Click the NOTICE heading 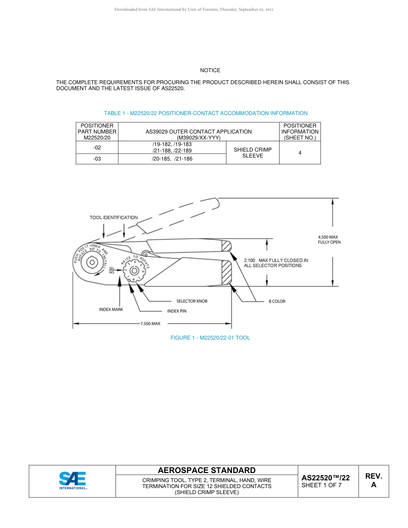[210, 70]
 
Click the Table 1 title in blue [206, 113]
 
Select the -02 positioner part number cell [97, 147]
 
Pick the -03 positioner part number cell [97, 159]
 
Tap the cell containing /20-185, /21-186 [172, 159]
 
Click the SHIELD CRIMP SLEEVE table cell [253, 153]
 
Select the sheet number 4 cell [300, 153]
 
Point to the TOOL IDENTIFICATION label [114, 217]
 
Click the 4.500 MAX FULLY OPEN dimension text [329, 240]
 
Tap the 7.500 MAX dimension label [150, 323]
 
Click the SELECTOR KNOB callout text [192, 301]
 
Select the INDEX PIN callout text [177, 311]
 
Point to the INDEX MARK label [111, 309]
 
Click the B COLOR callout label [277, 301]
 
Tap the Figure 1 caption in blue [210, 338]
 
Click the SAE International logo [73, 481]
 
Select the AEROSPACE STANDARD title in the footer [207, 470]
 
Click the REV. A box [373, 481]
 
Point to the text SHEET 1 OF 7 [321, 486]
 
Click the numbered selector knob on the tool [135, 272]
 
